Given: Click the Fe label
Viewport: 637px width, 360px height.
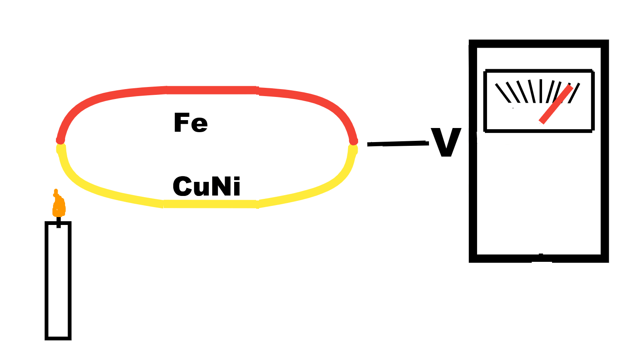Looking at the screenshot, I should point(191,123).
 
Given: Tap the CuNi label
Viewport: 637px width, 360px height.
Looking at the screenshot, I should point(206,186).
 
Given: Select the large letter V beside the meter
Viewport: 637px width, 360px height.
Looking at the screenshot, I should point(446,142).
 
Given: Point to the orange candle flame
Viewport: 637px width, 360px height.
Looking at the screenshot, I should point(59,205).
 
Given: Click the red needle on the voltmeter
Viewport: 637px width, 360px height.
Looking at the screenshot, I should point(556,104).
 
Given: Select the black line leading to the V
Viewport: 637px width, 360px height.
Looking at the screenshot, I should point(397,143).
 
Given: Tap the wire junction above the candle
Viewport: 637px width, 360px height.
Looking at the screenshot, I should point(61,143).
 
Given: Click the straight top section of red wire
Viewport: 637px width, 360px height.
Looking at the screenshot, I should point(211,90).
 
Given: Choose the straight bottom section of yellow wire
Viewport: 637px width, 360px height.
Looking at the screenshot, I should point(211,204).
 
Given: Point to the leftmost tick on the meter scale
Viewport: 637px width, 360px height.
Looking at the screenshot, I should point(503,93).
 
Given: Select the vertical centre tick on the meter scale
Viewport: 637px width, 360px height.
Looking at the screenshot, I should point(541,91).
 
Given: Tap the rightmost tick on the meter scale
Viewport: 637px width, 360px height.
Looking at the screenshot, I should point(574,93).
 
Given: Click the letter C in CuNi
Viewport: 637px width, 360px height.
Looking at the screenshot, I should point(182,187).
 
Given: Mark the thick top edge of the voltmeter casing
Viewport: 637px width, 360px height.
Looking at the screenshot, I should point(539,44).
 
